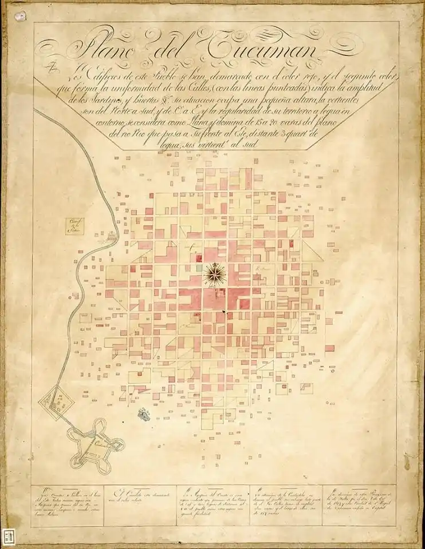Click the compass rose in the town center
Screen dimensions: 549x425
tap(214, 273)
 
